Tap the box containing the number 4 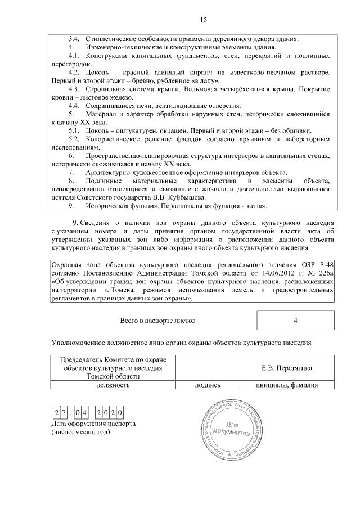pos(295,321)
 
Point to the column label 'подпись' pos(208,385)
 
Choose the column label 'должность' pos(113,385)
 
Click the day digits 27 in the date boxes pos(61,413)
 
